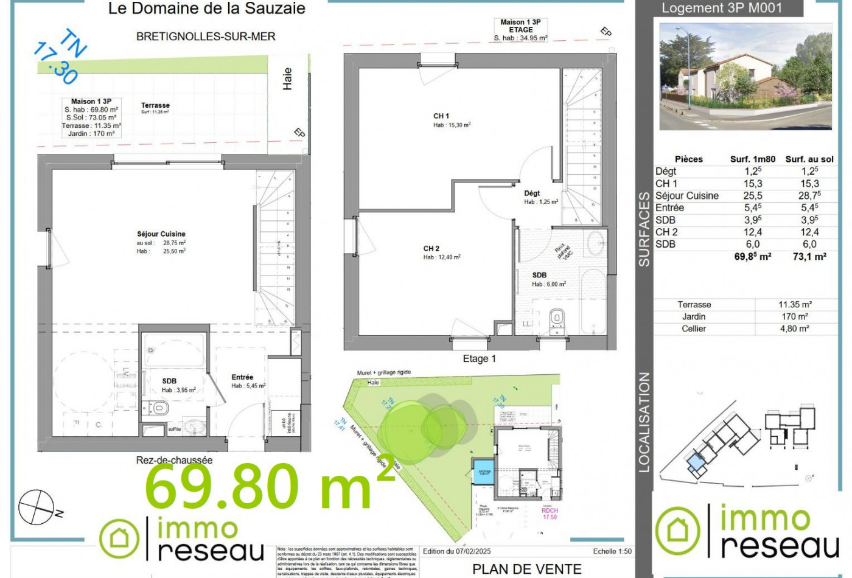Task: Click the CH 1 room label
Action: pyautogui.click(x=441, y=116)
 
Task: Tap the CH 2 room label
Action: pyautogui.click(x=431, y=248)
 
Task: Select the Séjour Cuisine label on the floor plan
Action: pyautogui.click(x=161, y=234)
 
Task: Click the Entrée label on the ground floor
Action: pyautogui.click(x=242, y=377)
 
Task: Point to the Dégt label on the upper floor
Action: pyautogui.click(x=532, y=193)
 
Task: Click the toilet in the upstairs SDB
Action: pyautogui.click(x=557, y=319)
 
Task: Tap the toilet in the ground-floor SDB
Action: pyautogui.click(x=160, y=408)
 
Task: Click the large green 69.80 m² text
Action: pyautogui.click(x=268, y=487)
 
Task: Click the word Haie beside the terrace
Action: pyautogui.click(x=288, y=79)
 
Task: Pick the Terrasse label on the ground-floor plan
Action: pyautogui.click(x=155, y=105)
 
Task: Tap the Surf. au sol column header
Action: pyautogui.click(x=809, y=159)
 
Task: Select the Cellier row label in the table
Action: pyautogui.click(x=694, y=329)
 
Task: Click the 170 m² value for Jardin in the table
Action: pyautogui.click(x=795, y=316)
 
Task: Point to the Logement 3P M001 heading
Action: pyautogui.click(x=722, y=9)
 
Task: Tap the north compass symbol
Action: pyautogui.click(x=38, y=507)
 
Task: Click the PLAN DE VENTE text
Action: pyautogui.click(x=527, y=569)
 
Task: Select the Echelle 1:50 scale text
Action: pyautogui.click(x=612, y=551)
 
